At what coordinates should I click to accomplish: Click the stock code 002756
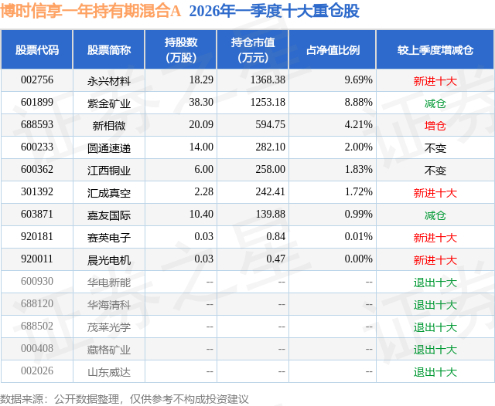[38, 80]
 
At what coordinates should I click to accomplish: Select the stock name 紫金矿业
[109, 103]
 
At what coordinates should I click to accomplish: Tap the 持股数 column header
[181, 49]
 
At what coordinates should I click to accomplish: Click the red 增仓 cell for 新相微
[435, 125]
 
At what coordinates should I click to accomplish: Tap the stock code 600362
[38, 170]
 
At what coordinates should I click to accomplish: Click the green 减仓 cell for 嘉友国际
[435, 215]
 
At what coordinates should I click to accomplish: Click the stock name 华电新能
[109, 283]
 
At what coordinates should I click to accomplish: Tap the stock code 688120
[38, 304]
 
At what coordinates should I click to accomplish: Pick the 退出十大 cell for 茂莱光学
[435, 327]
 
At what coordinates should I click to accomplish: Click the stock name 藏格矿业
[109, 350]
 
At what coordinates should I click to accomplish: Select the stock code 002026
[38, 371]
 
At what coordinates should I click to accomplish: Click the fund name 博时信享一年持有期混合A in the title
[90, 11]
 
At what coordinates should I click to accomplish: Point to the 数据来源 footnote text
[125, 398]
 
